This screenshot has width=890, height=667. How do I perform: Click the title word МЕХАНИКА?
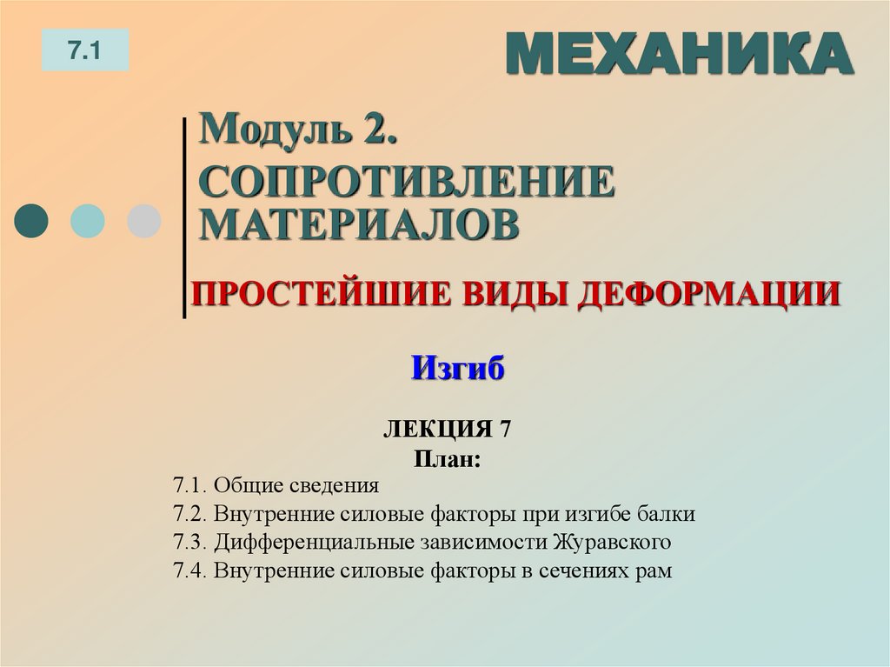(x=679, y=54)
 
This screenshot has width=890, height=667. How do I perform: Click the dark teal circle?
(x=32, y=221)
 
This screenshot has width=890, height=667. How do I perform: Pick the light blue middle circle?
(x=87, y=221)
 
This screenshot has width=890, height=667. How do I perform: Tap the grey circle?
(x=143, y=221)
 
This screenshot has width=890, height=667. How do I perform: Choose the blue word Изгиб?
(x=458, y=369)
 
